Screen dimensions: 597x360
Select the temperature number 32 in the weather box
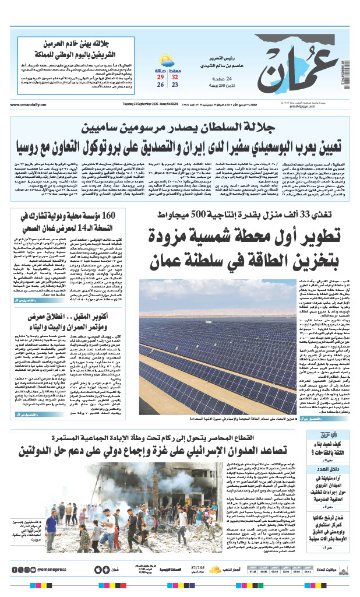pyautogui.click(x=175, y=76)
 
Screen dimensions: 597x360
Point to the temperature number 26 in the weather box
pyautogui.click(x=159, y=85)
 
